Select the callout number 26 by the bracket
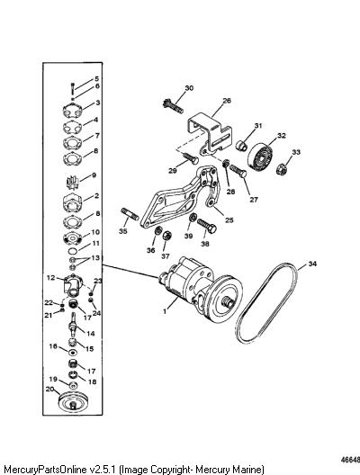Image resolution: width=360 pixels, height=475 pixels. pos(227,101)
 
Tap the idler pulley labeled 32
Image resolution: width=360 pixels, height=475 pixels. pos(261,157)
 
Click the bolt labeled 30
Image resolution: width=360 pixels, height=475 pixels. pos(173,106)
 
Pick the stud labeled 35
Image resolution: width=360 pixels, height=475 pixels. pos(130,213)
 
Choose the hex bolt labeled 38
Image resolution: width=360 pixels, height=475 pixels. pos(207,226)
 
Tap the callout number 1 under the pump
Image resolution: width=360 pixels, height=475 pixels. pos(165,311)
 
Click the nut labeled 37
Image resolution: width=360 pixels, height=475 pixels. pos(166,237)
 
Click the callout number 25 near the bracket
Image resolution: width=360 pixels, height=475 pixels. pos(229,220)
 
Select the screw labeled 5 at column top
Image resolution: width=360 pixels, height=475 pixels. pos(72,88)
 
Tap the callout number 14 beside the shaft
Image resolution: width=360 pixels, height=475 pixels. pos(91,334)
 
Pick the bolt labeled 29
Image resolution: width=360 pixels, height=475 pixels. pos(191,157)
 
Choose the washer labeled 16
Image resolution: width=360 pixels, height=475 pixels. pos(72,353)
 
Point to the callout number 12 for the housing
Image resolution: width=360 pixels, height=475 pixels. pos(51,277)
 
